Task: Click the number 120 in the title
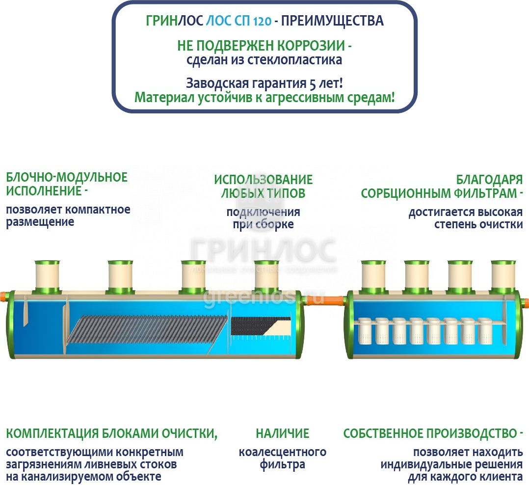pos(262,21)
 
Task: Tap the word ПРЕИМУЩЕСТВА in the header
pos(332,21)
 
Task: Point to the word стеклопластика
pos(294,60)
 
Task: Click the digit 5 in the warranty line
pos(313,83)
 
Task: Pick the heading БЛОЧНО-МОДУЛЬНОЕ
pos(67,177)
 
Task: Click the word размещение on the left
pos(40,222)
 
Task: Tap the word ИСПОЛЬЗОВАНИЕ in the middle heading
pos(264,180)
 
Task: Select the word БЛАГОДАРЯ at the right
pos(489,180)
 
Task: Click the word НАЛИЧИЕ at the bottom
pos(282,433)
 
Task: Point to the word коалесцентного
pos(282,452)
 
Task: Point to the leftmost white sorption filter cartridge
pos(364,331)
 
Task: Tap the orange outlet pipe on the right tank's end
pos(525,302)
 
